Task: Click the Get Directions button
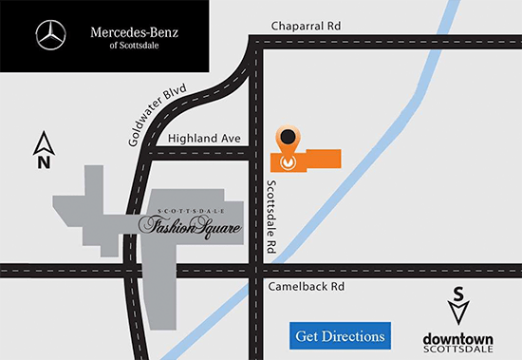point(341,335)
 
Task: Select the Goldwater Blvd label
point(159,114)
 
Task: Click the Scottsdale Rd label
point(270,217)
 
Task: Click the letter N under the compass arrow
point(43,162)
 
